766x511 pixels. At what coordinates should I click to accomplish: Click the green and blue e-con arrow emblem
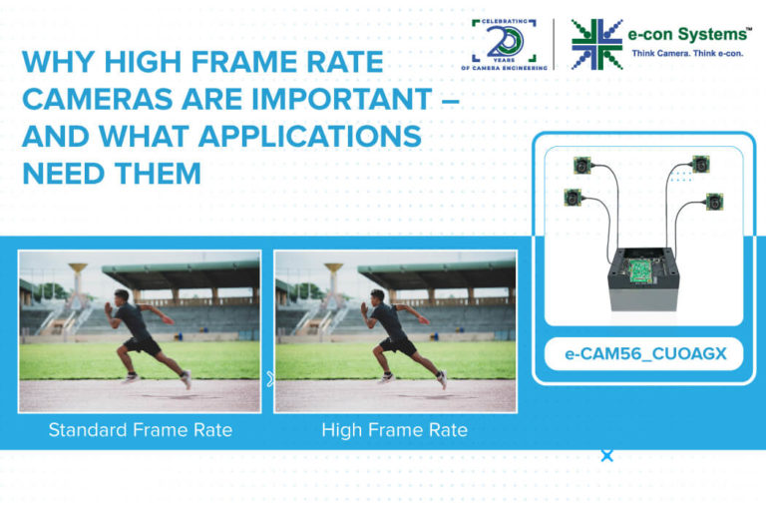point(596,44)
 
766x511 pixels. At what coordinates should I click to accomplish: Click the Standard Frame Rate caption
point(140,430)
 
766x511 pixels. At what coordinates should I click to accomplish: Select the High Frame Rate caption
point(394,430)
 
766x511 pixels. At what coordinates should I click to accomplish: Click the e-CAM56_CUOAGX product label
point(643,354)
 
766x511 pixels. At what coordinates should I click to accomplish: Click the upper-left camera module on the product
point(581,166)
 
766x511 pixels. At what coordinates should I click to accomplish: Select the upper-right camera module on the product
point(701,164)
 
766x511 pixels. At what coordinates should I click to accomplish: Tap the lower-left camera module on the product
point(573,198)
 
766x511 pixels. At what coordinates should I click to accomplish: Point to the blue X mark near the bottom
point(606,456)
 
